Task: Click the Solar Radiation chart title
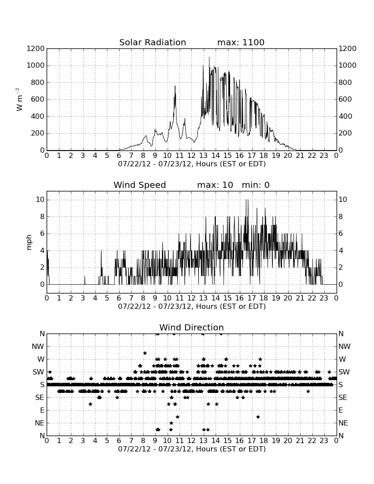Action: (x=152, y=42)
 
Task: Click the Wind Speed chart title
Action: (x=139, y=185)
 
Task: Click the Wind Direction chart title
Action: (x=191, y=327)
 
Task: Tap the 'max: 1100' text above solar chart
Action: (x=241, y=42)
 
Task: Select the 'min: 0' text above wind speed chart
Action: (x=256, y=185)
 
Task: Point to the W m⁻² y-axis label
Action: (x=19, y=99)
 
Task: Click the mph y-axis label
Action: (x=29, y=242)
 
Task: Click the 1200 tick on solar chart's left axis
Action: (x=36, y=49)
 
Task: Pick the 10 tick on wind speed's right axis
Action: (x=343, y=200)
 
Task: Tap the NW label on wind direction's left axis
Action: (x=38, y=347)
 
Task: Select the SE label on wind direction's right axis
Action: (x=343, y=398)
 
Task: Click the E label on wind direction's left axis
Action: (x=42, y=410)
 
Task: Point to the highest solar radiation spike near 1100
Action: (x=209, y=57)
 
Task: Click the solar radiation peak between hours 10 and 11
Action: (x=175, y=86)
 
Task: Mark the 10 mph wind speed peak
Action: (x=246, y=200)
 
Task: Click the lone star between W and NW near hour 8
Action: (x=145, y=353)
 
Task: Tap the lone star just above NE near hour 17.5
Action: (x=258, y=417)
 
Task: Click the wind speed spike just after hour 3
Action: (x=84, y=280)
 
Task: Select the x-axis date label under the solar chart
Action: (x=192, y=164)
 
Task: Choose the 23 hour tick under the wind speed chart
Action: (x=324, y=298)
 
